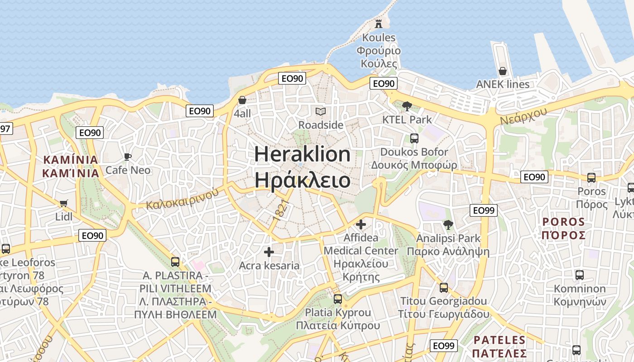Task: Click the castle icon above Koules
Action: pos(379,24)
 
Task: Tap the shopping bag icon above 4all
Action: pos(242,100)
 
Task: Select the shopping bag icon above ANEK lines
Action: pos(502,71)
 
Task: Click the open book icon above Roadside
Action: pos(321,111)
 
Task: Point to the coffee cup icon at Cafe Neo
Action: pos(128,157)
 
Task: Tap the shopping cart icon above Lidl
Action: pos(63,204)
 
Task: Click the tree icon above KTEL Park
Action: pos(407,106)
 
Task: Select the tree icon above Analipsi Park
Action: pos(448,224)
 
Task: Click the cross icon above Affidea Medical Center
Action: pos(361,224)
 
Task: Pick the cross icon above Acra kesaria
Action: pos(269,252)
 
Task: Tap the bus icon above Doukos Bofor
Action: pos(414,138)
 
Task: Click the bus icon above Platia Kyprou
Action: pos(338,299)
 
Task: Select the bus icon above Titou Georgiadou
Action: pos(444,288)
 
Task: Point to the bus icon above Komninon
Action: pos(579,275)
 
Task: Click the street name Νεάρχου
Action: pos(524,116)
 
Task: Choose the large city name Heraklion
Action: pos(302,155)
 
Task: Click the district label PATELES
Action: pos(500,340)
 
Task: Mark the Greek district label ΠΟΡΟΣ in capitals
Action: pos(563,235)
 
